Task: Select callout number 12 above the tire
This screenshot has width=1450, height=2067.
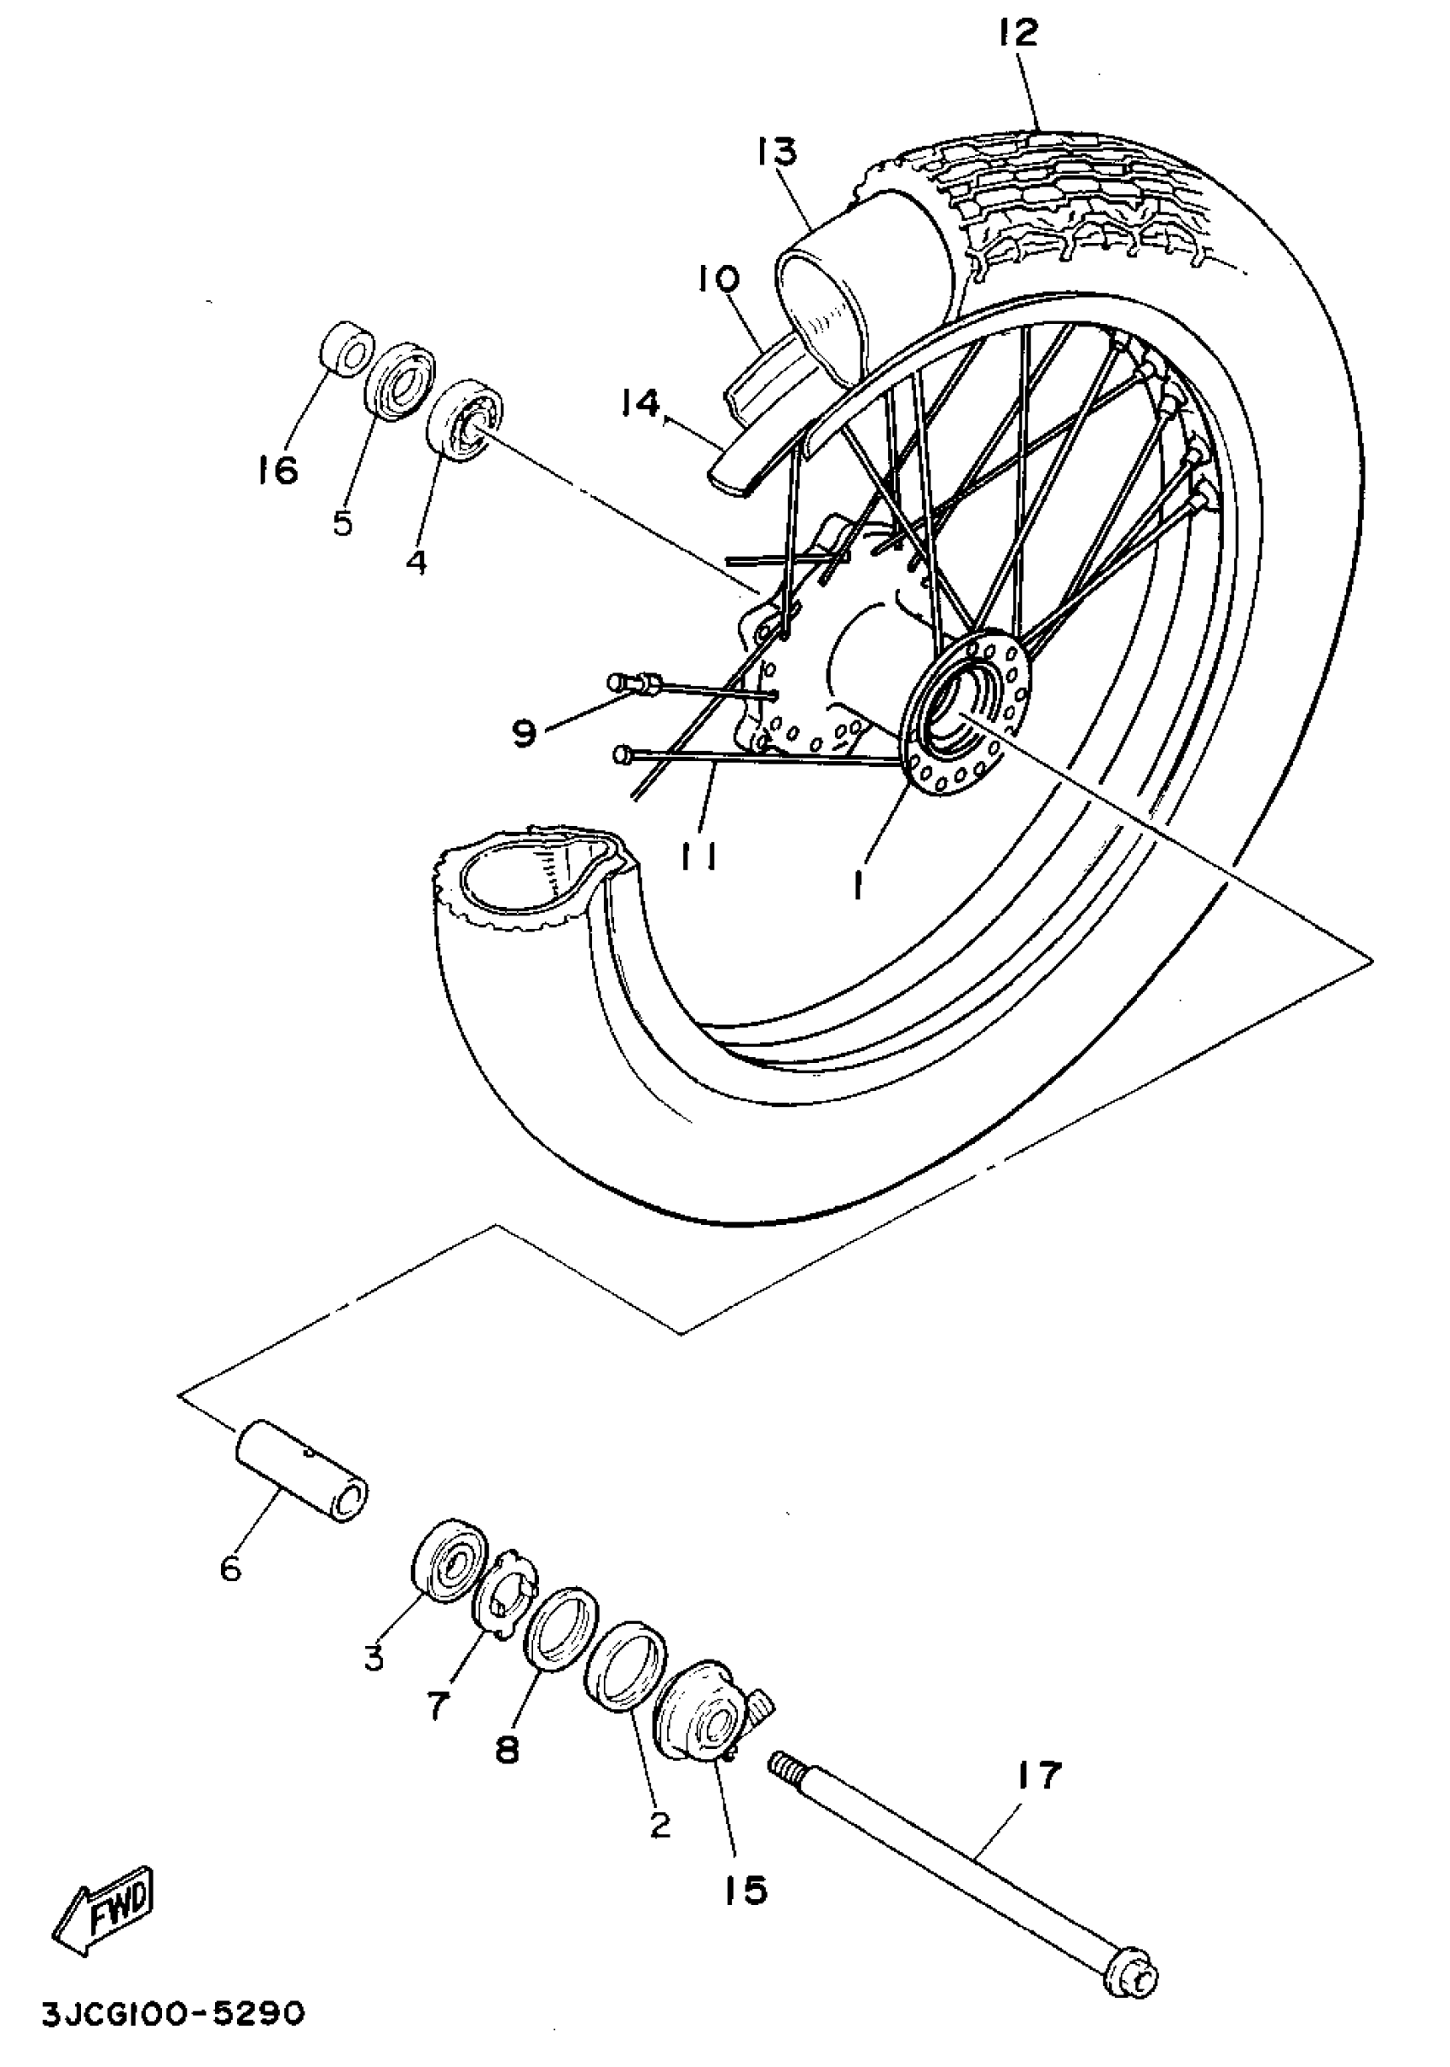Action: (1017, 33)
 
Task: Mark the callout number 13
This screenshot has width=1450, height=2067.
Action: (776, 151)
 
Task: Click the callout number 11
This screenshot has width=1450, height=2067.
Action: (698, 861)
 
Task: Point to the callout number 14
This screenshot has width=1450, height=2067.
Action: (641, 404)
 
